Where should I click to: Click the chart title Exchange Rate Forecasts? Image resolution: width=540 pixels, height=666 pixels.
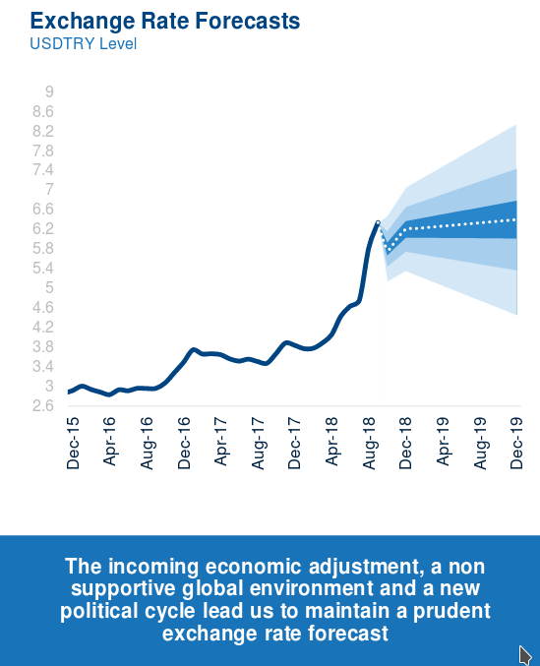click(x=164, y=21)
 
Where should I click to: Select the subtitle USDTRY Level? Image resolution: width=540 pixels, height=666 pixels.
click(x=84, y=43)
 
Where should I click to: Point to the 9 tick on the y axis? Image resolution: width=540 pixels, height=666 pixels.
click(x=49, y=91)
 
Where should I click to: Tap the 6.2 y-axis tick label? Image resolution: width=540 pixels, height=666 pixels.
click(x=43, y=228)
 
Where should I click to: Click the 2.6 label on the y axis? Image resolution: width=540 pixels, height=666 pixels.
click(x=43, y=405)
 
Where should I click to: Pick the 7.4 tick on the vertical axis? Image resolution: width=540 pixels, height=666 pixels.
click(x=43, y=170)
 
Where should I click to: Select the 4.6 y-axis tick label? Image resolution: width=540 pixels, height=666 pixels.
click(x=43, y=307)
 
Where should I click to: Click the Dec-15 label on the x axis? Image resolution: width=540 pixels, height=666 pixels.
click(x=73, y=443)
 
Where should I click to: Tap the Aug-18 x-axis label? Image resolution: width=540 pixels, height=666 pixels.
click(x=369, y=443)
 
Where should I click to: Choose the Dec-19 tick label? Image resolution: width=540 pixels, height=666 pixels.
click(x=516, y=443)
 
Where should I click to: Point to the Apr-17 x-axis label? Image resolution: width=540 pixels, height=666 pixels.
click(x=220, y=442)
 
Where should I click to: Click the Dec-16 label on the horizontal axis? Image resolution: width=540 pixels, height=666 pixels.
click(x=184, y=443)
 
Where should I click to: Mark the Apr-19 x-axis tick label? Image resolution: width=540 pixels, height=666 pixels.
click(x=443, y=442)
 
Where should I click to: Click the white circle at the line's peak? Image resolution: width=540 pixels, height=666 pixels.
click(x=378, y=222)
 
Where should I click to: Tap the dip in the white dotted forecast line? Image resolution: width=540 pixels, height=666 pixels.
click(x=388, y=249)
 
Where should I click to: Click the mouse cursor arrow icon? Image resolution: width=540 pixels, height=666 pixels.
click(x=525, y=654)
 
